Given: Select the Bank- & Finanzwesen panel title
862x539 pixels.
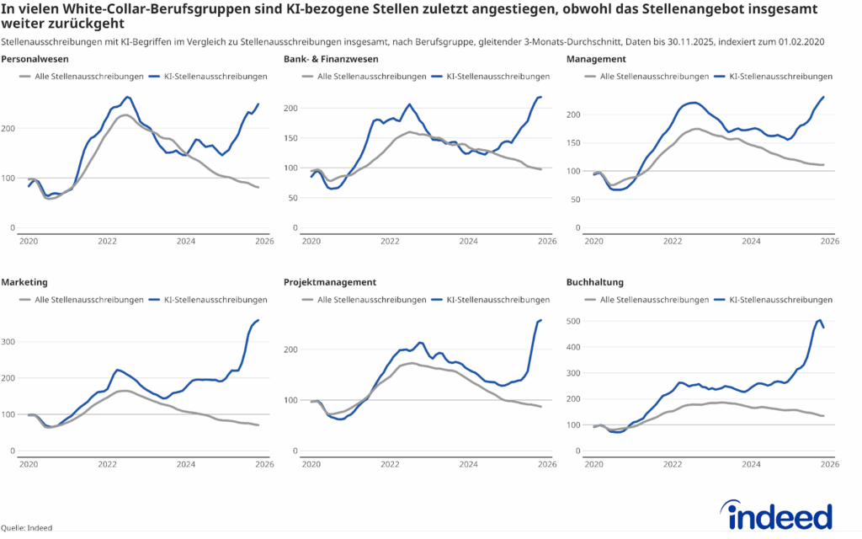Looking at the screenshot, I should click(331, 59).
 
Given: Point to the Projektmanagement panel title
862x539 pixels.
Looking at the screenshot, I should click(330, 282).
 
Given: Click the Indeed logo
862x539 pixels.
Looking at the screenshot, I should click(775, 515).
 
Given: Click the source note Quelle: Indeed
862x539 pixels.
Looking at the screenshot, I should click(26, 528).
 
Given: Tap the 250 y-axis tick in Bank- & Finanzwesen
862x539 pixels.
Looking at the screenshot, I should click(291, 77).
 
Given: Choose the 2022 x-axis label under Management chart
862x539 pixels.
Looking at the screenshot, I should click(672, 241).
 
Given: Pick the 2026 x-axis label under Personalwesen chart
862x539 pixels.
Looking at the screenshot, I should click(263, 241).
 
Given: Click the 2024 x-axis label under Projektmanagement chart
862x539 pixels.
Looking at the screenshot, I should click(468, 464).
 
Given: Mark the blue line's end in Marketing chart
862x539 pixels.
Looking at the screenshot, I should click(258, 320).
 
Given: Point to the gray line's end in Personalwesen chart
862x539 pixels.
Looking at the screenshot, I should click(258, 187).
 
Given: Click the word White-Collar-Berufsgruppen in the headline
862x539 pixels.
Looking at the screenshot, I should click(154, 9).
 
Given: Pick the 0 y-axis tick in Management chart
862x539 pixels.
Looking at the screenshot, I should click(579, 228).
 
